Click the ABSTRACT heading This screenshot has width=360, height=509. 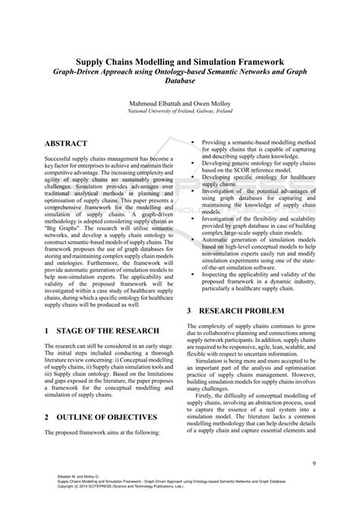pos(66,144)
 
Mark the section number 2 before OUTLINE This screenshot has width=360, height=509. pos(47,417)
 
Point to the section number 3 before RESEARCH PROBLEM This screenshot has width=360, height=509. pos(189,312)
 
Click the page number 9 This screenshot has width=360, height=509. pos(314,464)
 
